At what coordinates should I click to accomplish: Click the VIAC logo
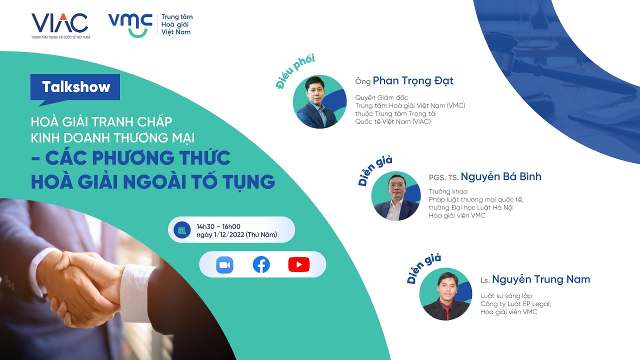59,22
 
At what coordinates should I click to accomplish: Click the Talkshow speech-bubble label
75,87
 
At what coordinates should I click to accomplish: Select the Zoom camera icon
225,264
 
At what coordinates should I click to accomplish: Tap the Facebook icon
261,264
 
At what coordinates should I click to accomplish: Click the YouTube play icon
298,264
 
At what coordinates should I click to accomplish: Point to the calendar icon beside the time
182,230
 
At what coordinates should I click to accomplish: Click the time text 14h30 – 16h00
218,226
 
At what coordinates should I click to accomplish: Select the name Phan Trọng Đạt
413,80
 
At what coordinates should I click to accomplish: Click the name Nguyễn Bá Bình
500,176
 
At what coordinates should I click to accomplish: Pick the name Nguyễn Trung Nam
540,279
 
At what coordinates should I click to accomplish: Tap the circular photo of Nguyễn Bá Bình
396,196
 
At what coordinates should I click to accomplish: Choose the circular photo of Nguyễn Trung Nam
445,293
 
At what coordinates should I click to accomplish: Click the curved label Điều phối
294,72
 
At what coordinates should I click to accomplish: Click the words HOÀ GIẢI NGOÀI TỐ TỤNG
152,181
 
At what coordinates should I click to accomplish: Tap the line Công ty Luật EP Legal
515,304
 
